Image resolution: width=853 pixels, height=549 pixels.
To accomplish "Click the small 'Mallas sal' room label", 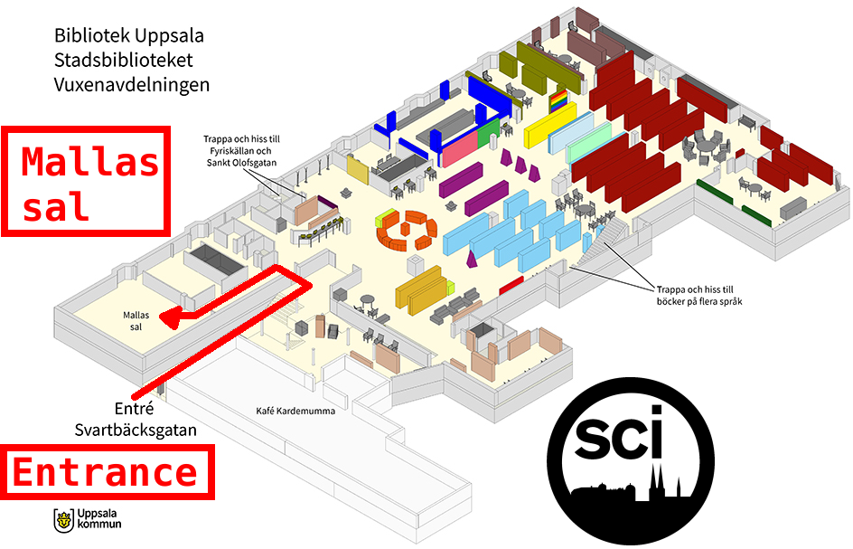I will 136,320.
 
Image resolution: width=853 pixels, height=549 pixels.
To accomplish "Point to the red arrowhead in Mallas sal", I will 169,316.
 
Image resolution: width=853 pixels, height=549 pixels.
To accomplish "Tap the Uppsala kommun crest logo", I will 64,520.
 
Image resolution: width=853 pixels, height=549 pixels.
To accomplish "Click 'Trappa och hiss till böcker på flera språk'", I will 700,294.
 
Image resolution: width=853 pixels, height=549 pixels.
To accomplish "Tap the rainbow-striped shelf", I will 560,99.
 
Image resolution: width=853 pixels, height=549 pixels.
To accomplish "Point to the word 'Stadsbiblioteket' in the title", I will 123,61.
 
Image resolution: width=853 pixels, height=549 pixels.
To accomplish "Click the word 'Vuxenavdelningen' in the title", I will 132,85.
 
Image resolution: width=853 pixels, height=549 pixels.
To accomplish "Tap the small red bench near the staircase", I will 511,285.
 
